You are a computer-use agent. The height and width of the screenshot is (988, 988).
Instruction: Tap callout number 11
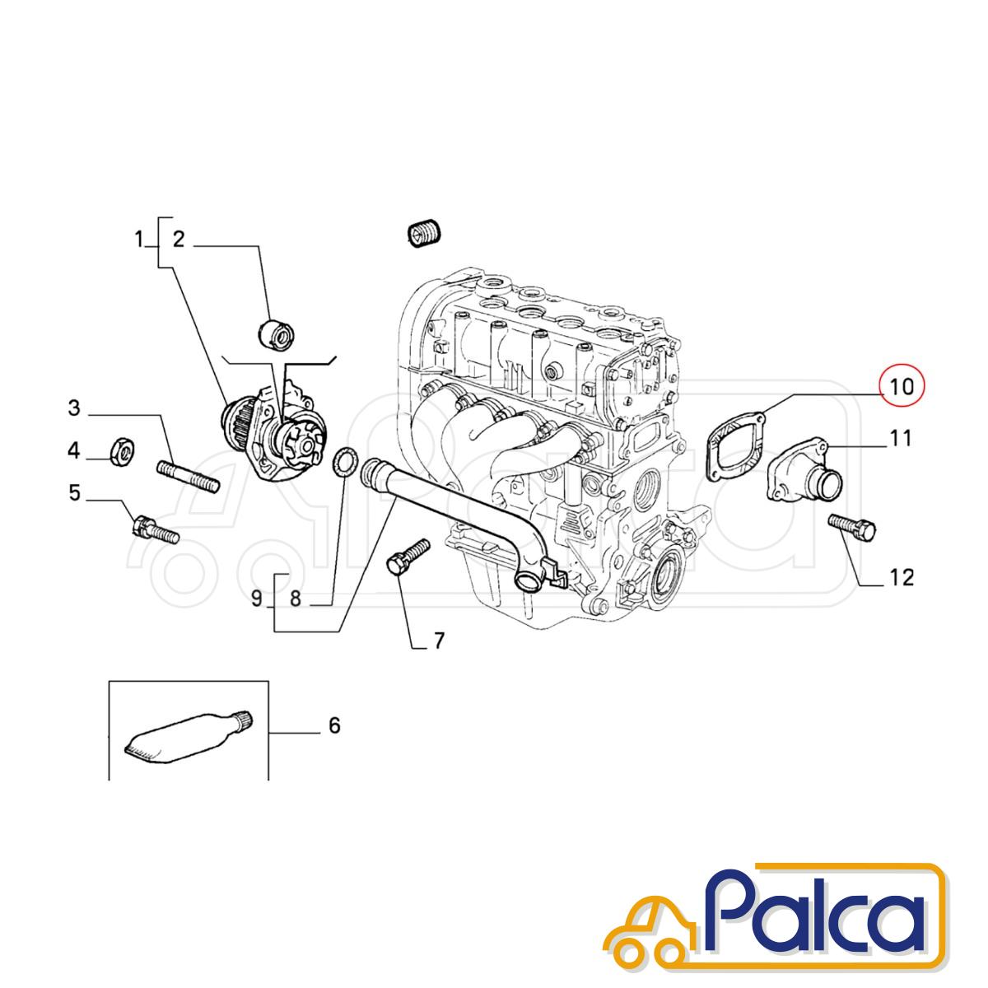pos(900,438)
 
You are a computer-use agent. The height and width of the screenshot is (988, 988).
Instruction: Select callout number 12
pos(902,578)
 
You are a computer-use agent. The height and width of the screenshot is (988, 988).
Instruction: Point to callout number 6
pos(333,740)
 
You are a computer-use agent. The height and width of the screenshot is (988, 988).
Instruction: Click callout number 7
pos(439,641)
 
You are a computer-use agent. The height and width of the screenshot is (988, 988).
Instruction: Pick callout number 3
pos(74,408)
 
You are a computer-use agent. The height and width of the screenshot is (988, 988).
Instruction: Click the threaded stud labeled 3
pos(189,476)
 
